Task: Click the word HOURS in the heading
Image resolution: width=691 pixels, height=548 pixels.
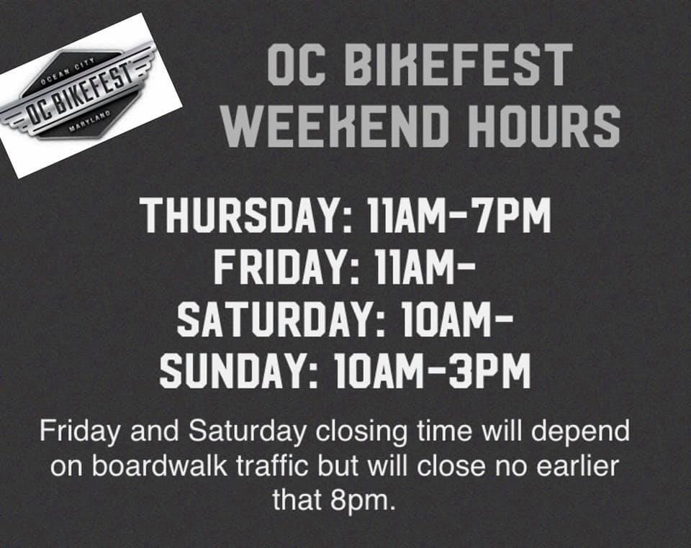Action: click(544, 126)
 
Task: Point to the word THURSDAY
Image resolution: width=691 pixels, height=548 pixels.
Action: click(244, 216)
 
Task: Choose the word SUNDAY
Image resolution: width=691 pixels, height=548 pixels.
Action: click(236, 371)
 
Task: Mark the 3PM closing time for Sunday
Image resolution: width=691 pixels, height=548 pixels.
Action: click(490, 371)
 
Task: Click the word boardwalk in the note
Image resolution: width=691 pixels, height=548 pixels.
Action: click(160, 466)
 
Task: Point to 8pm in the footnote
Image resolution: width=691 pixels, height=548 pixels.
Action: click(361, 501)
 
